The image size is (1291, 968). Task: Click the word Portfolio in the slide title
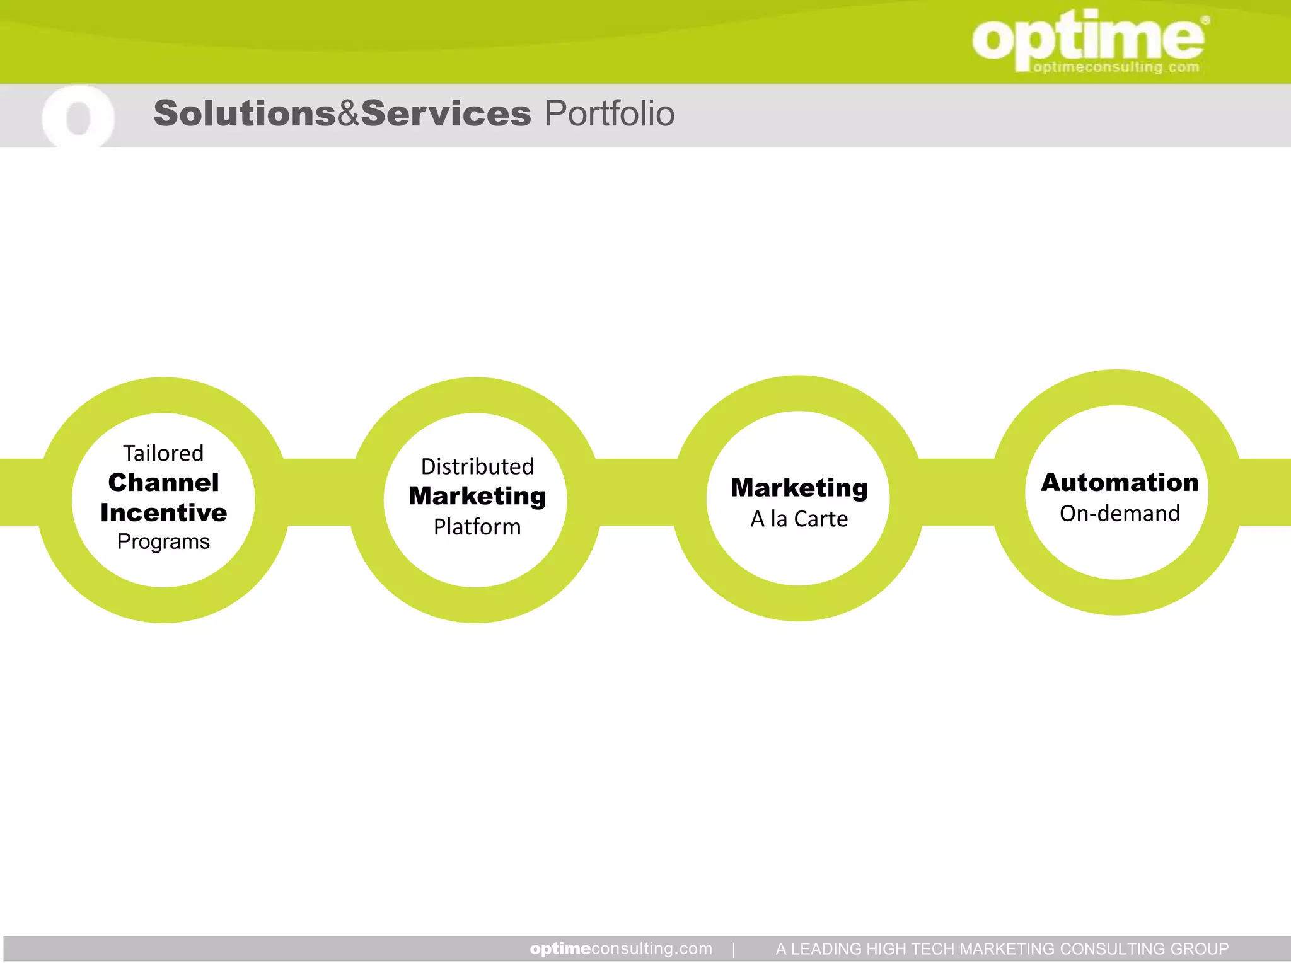tap(609, 114)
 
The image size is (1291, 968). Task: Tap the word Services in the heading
tap(446, 114)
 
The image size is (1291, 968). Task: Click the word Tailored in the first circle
tap(163, 453)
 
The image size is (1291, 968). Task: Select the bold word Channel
tap(163, 483)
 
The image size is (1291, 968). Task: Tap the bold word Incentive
tap(163, 512)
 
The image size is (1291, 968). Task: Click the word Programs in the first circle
tap(163, 541)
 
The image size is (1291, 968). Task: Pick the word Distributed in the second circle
tap(477, 467)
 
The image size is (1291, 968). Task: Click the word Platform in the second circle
tap(477, 527)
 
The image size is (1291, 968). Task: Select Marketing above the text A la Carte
tap(799, 488)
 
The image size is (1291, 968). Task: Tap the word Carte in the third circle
tap(821, 519)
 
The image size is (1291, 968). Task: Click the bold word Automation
tap(1120, 483)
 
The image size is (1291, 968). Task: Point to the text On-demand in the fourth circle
tap(1120, 514)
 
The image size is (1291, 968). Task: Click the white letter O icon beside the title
tap(78, 117)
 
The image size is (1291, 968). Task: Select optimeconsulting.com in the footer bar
tap(621, 948)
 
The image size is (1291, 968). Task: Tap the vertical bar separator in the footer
tap(734, 949)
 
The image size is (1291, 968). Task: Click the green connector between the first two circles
tap(318, 492)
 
